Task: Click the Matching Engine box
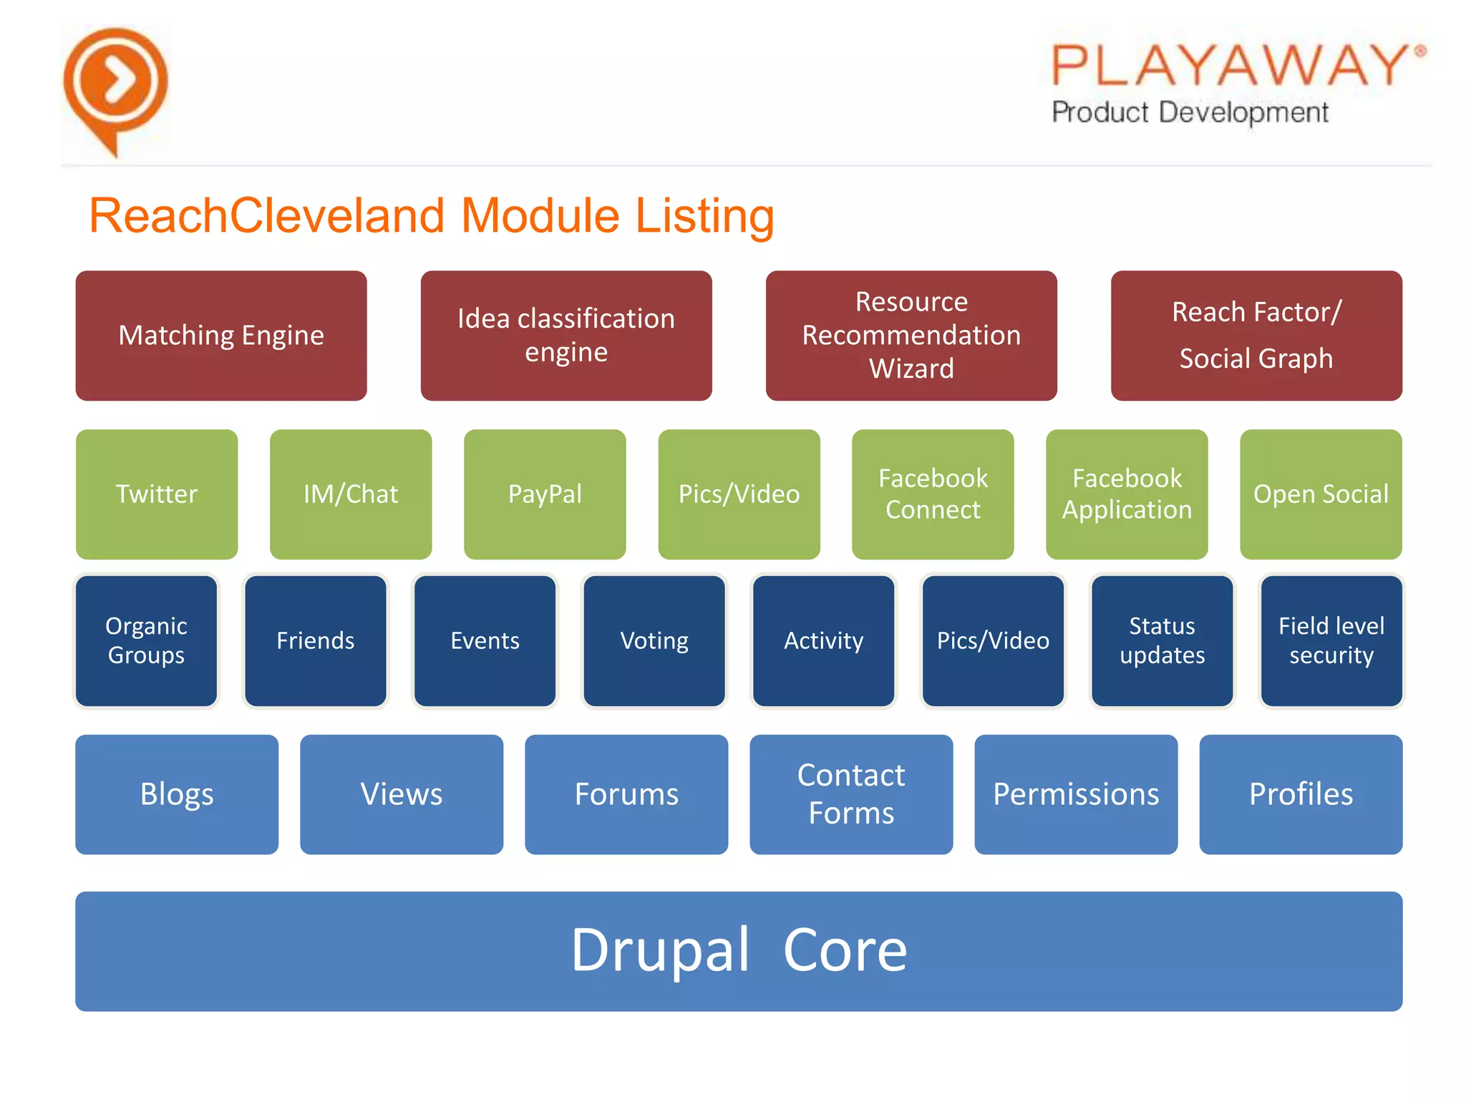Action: tap(221, 336)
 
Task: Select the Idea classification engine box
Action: tap(566, 336)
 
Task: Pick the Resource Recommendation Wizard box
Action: tap(911, 336)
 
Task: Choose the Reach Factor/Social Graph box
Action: tap(1256, 336)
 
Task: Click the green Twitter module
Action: tap(157, 494)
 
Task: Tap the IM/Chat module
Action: tap(351, 494)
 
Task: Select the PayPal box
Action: tap(545, 494)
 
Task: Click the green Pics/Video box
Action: tap(739, 494)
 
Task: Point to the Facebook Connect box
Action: tap(933, 494)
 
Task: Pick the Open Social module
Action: tap(1321, 494)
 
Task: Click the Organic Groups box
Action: tap(147, 641)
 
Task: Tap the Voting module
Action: tap(654, 641)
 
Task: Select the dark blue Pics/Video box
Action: tap(993, 641)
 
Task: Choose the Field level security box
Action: tap(1331, 641)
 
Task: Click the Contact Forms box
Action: tap(851, 794)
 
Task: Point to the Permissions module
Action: tap(1076, 794)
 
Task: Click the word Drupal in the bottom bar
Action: tap(660, 951)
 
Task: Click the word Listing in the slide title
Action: tap(704, 216)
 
